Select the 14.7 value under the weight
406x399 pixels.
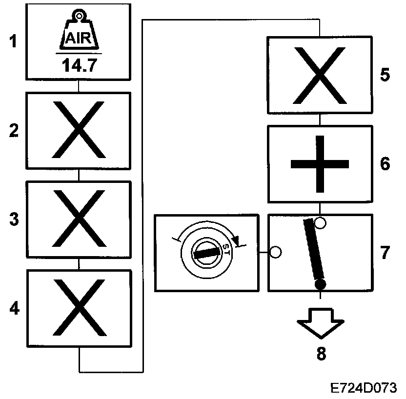pos(79,65)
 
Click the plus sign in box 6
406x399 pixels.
pos(319,164)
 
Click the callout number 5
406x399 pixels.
pos(386,76)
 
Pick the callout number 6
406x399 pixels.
pos(386,164)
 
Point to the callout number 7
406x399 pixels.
pos(386,253)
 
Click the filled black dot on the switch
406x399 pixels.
pos(320,284)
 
